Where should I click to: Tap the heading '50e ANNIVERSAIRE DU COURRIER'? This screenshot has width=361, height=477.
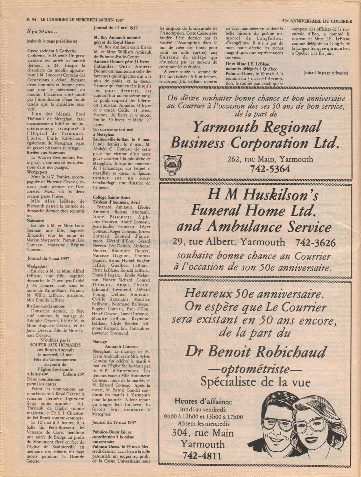tap(317, 21)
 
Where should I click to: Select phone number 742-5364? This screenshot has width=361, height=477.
tap(270, 169)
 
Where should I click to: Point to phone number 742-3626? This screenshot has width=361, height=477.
tap(315, 243)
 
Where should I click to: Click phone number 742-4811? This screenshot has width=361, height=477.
tap(202, 456)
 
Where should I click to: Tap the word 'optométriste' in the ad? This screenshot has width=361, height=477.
tap(256, 369)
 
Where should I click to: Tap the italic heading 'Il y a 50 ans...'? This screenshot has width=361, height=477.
tap(42, 32)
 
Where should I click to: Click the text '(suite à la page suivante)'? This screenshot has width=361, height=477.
tap(325, 73)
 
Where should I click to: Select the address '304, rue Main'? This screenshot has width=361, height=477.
tap(203, 433)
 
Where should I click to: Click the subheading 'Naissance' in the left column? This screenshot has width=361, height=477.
tap(35, 221)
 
